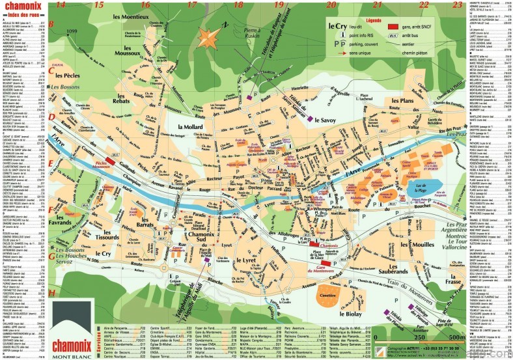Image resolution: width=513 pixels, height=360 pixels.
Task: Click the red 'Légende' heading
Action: click(374, 20)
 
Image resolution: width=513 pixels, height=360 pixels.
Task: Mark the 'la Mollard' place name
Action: click(190, 126)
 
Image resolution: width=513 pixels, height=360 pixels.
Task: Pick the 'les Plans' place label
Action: click(402, 102)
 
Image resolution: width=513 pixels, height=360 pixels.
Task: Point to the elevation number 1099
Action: click(72, 31)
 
